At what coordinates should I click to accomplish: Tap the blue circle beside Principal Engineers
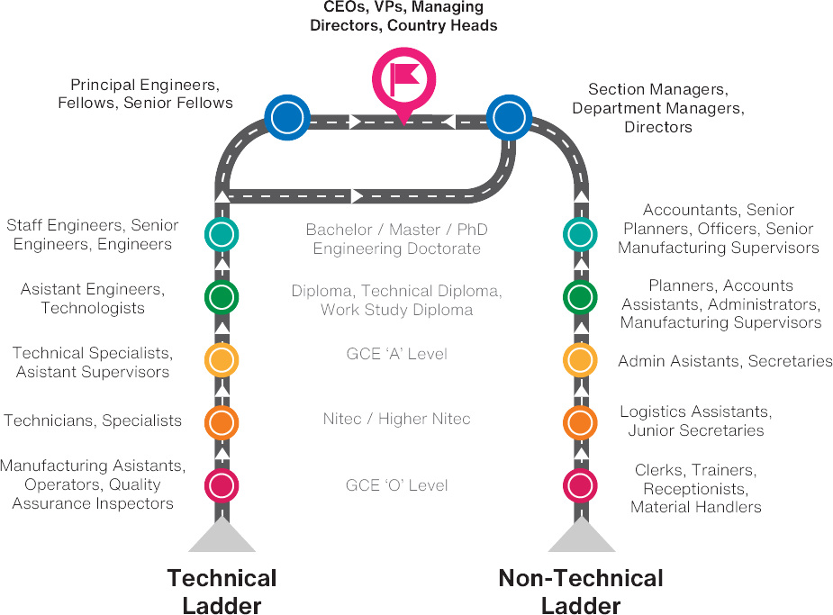(287, 117)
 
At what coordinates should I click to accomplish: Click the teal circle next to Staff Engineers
(221, 234)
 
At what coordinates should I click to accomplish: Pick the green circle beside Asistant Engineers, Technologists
(221, 296)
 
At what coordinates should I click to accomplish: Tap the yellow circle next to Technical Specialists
(221, 359)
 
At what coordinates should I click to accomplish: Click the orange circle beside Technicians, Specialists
(221, 421)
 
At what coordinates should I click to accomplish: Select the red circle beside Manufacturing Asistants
(221, 484)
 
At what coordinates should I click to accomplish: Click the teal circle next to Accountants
(580, 234)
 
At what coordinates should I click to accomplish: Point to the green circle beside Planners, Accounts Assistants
(580, 296)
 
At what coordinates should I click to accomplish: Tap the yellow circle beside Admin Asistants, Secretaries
(580, 359)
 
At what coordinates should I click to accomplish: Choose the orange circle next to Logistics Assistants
(580, 421)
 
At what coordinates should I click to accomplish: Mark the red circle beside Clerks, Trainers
(580, 484)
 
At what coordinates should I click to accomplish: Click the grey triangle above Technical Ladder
(222, 539)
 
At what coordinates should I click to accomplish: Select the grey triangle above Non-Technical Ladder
(581, 539)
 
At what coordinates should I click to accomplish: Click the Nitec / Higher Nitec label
(396, 419)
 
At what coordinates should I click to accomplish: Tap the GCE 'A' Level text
(396, 354)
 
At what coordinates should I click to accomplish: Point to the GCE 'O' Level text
(396, 485)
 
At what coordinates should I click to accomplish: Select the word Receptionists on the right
(694, 489)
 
